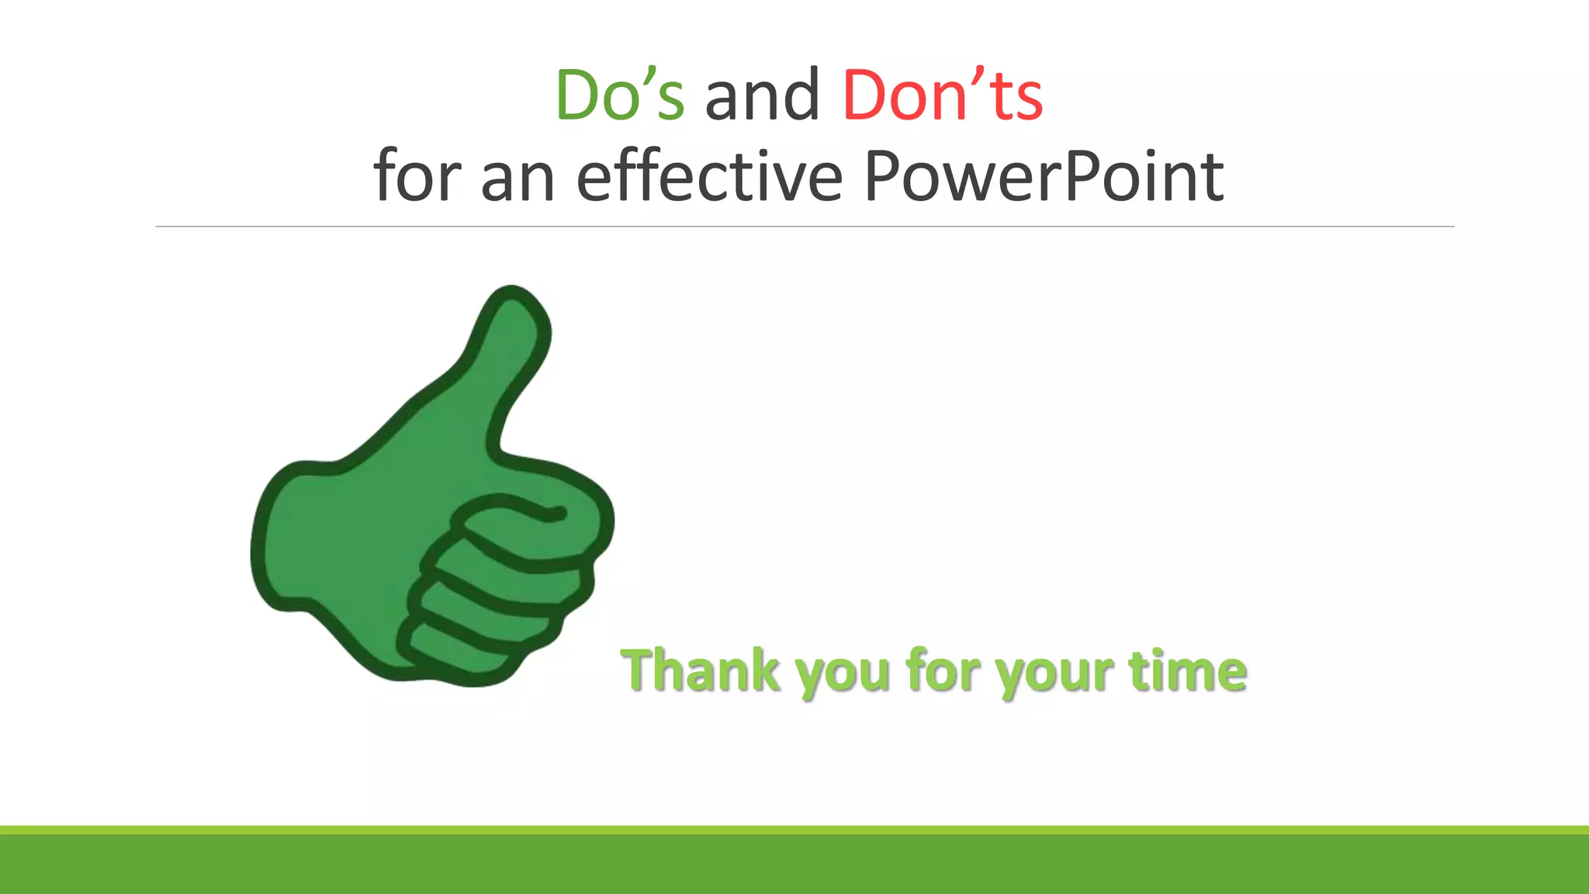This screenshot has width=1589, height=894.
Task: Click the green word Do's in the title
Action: click(620, 96)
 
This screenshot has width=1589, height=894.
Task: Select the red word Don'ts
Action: click(942, 96)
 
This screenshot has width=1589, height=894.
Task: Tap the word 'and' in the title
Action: click(762, 96)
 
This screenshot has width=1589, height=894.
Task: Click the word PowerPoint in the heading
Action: click(1043, 177)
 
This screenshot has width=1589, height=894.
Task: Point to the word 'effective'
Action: click(709, 177)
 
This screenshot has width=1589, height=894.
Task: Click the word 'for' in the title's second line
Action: click(417, 177)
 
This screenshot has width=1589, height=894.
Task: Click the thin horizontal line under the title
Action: click(804, 227)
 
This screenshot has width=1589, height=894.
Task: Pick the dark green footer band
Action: click(794, 865)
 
